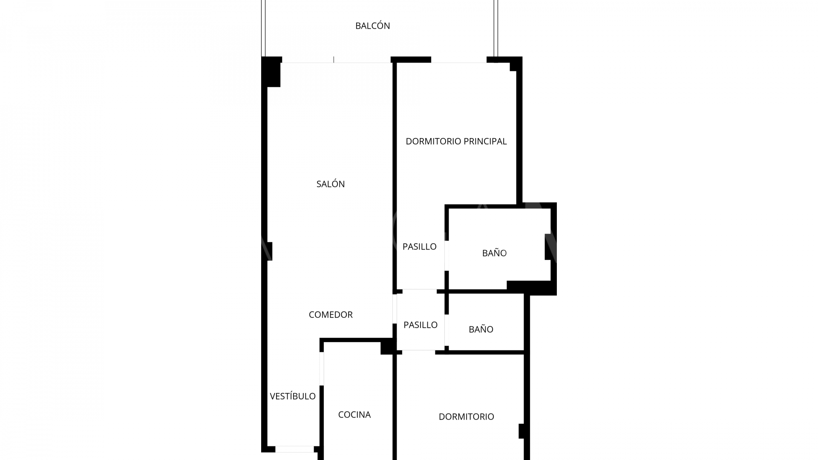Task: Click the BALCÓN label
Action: pos(373,26)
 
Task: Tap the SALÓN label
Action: pos(331,184)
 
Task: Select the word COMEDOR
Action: pos(331,315)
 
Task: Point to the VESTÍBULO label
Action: pos(293,396)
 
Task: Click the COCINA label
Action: pos(354,414)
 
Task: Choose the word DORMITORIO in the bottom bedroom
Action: pos(467,417)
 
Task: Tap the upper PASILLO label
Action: pos(420,247)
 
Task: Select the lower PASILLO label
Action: pos(421,325)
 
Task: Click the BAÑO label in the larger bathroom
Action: pos(494,253)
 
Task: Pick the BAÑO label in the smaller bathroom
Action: pos(481,329)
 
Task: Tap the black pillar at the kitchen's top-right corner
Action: pos(387,346)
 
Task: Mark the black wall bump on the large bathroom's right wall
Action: pos(548,247)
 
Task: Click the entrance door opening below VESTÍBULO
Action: pos(294,449)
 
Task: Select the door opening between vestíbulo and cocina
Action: pos(322,368)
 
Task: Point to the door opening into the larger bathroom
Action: pos(447,256)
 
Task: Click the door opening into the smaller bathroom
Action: pos(447,330)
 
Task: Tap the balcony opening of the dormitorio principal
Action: pos(459,60)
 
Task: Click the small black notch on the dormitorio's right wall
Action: pos(521,431)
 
